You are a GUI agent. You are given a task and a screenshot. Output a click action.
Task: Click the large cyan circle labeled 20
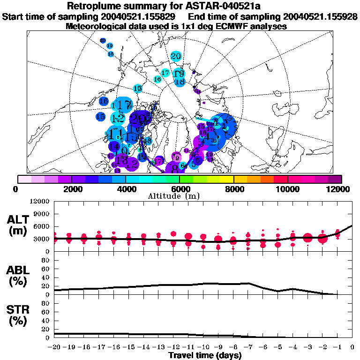click(176, 56)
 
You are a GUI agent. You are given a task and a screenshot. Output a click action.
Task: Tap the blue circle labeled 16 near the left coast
click(104, 101)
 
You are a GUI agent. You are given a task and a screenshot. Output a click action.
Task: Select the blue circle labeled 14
click(113, 145)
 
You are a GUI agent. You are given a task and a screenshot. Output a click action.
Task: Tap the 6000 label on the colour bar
click(180, 188)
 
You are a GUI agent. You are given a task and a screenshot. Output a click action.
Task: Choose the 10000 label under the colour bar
click(288, 188)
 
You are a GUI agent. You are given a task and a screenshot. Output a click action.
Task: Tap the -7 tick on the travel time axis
click(247, 347)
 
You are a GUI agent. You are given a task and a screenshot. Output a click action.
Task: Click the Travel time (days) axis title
click(205, 356)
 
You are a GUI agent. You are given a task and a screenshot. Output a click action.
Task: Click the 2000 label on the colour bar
click(72, 188)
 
